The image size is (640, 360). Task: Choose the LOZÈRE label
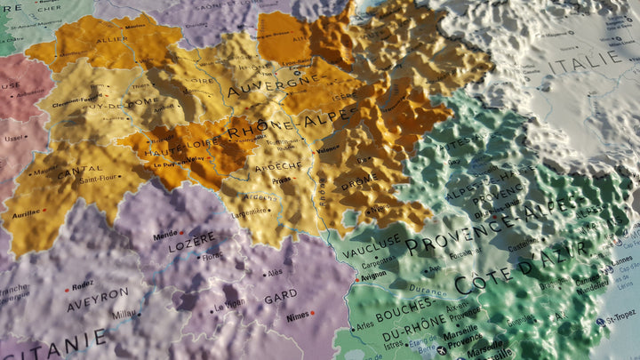192,240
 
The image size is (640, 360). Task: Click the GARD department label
281,296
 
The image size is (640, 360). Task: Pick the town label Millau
124,314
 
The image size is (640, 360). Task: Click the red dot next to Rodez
67,287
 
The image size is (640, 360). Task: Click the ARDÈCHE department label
279,166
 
